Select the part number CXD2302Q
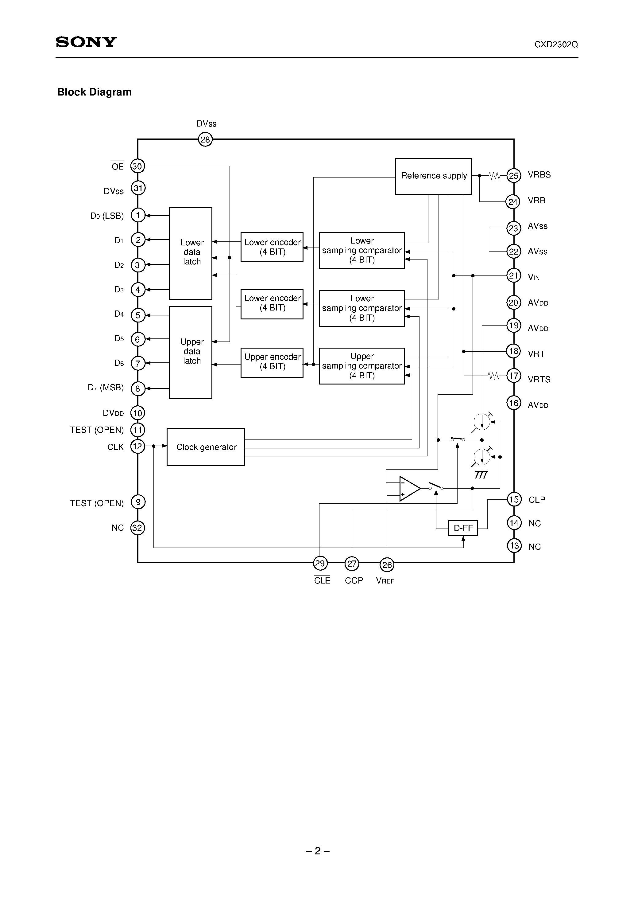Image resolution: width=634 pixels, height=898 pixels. [x=556, y=45]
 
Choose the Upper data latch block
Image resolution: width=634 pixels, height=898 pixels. [x=191, y=352]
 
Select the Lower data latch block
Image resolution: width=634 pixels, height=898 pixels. [x=191, y=253]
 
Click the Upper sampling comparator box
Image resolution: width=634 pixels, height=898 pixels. [x=361, y=366]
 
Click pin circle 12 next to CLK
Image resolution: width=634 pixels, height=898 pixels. [x=137, y=446]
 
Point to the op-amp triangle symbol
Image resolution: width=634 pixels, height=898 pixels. [x=409, y=489]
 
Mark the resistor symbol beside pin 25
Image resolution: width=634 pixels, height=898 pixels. [x=494, y=176]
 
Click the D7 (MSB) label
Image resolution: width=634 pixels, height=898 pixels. [x=106, y=388]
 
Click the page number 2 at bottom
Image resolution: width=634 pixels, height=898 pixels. [x=317, y=851]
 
